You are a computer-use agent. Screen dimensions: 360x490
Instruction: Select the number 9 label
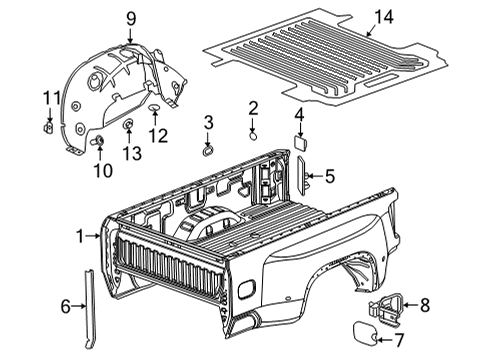coord(130,17)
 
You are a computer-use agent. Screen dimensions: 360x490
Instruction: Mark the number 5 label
coord(330,177)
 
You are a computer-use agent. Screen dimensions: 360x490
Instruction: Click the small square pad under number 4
coord(299,143)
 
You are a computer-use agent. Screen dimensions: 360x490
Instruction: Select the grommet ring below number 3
coord(207,150)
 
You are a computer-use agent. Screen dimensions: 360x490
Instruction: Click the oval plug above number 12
coord(157,106)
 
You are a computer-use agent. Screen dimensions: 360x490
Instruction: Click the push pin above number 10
coord(99,139)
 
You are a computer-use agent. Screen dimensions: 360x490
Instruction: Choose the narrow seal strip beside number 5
coord(306,178)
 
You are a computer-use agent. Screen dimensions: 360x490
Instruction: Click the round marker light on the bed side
coord(245,290)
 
